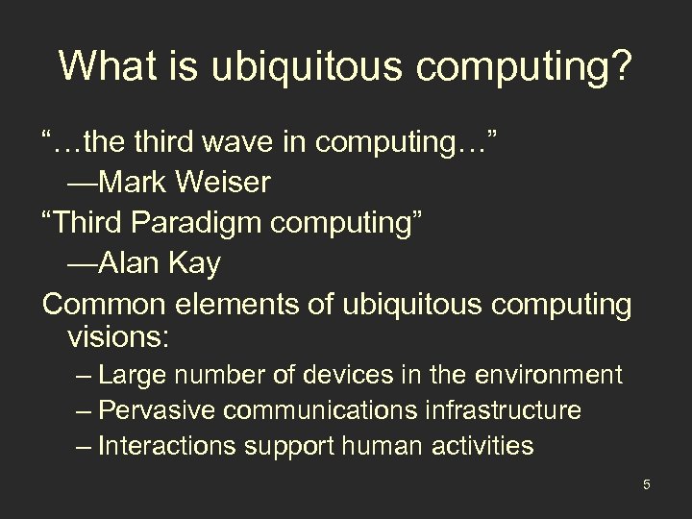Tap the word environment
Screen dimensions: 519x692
tap(546, 375)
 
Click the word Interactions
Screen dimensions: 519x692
tap(165, 446)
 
